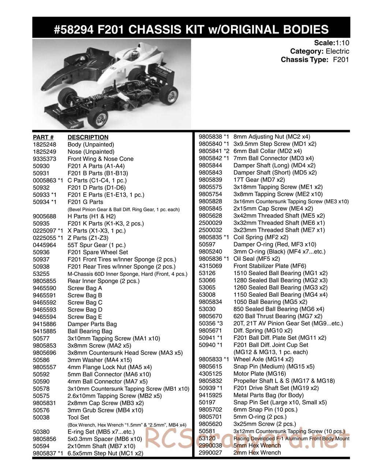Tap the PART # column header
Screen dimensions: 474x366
43,137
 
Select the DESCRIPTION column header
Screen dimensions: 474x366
88,137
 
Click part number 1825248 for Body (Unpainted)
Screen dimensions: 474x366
44,145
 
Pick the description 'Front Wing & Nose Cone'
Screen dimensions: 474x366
101,159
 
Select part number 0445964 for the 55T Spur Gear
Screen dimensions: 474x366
44,245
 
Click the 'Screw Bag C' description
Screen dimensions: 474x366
85,303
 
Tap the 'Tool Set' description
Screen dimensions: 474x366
78,418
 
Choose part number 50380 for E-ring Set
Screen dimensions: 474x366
40,432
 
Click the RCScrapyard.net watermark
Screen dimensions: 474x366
245,440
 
